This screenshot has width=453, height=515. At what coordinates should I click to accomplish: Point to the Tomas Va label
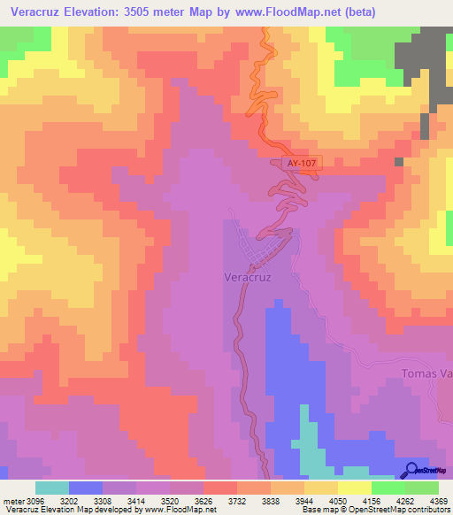[x=426, y=373]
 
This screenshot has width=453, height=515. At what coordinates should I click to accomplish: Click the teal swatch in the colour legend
[x=52, y=488]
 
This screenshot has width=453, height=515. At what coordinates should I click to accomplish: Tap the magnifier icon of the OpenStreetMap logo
[x=411, y=471]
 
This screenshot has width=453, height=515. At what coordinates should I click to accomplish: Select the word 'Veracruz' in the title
[x=35, y=12]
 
